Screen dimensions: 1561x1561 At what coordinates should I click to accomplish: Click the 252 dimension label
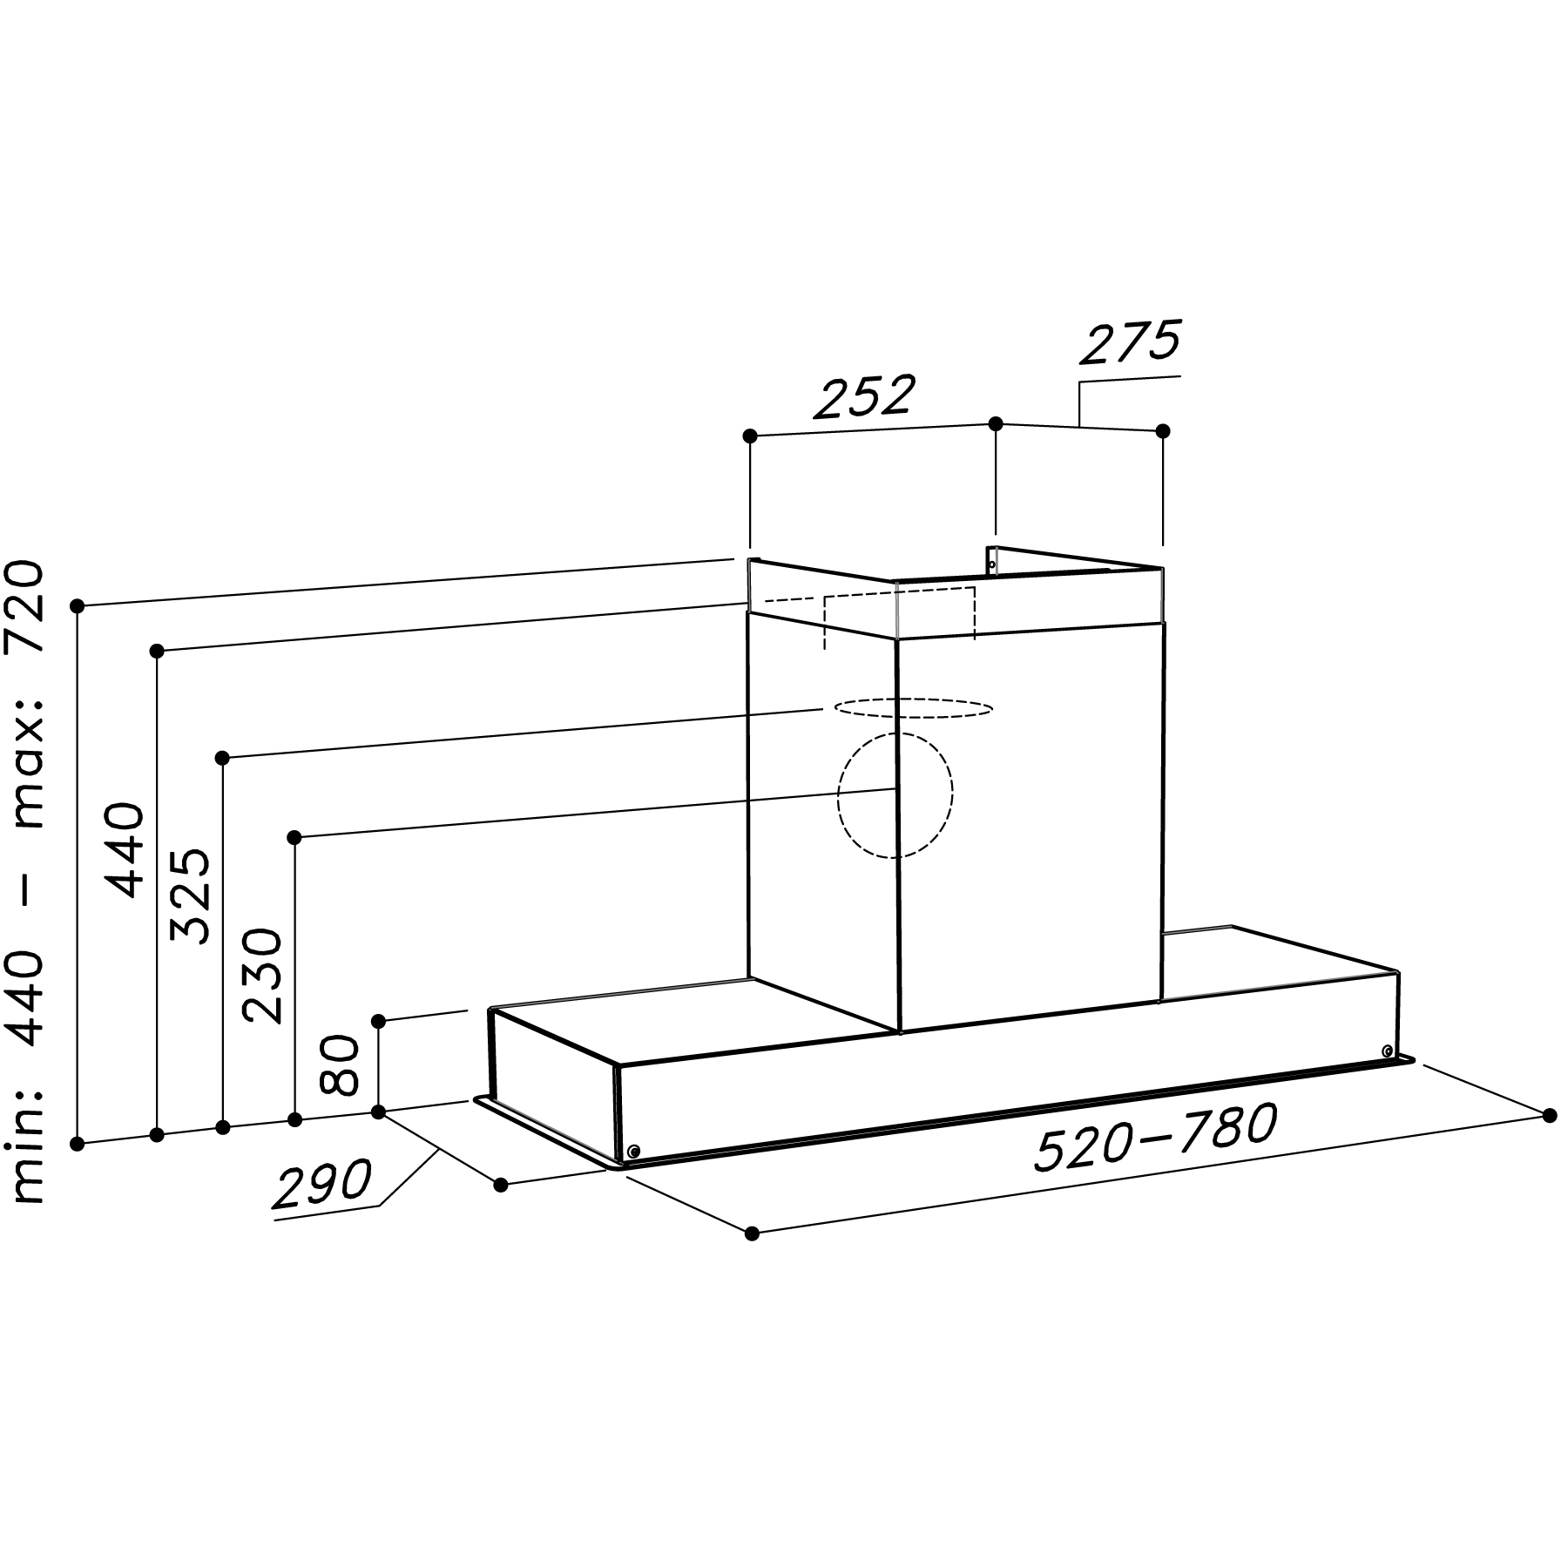[x=864, y=396]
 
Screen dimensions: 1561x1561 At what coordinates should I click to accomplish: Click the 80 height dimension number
[x=339, y=1064]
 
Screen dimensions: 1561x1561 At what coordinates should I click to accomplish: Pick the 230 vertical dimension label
[x=264, y=976]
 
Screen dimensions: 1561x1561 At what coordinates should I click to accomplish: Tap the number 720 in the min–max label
[x=23, y=608]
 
